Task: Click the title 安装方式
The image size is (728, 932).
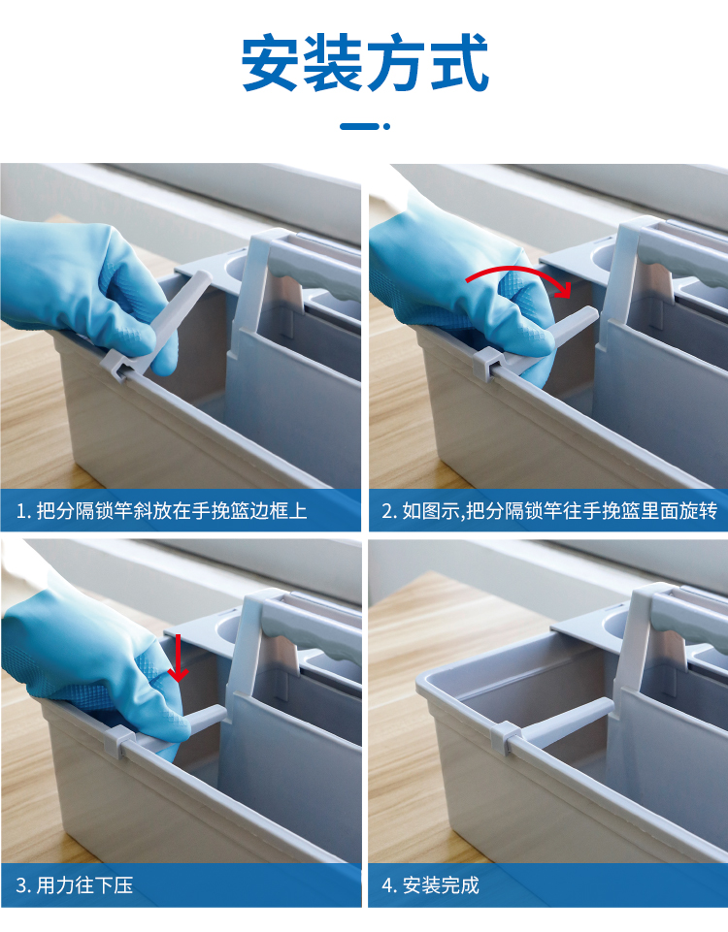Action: point(365,63)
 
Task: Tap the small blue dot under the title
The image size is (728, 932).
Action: point(386,126)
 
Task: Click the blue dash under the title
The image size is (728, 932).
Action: point(358,126)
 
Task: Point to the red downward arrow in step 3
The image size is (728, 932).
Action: point(178,658)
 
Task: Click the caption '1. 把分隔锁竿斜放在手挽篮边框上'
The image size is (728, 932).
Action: point(162,510)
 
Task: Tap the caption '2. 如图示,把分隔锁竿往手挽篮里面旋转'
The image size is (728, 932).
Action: point(549,510)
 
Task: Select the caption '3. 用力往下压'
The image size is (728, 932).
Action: point(75,885)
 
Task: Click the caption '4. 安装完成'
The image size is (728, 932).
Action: point(430,885)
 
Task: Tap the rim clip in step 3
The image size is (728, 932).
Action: point(119,741)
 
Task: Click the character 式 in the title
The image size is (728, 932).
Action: point(459,63)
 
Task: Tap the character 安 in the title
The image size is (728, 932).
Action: point(270,63)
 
